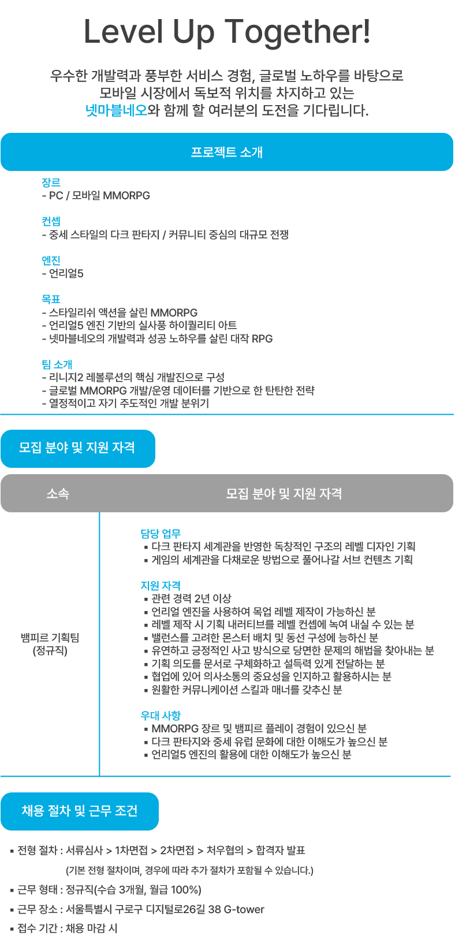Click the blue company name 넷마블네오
click(116, 110)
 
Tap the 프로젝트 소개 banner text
click(227, 152)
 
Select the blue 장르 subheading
click(51, 183)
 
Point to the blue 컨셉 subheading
click(51, 221)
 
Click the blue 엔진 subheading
click(51, 260)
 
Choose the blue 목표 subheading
click(51, 299)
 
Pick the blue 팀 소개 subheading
click(57, 364)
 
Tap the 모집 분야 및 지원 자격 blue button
click(77, 448)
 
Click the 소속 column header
click(58, 494)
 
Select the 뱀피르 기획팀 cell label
click(50, 638)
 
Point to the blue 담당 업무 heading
click(161, 534)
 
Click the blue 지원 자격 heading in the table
click(161, 586)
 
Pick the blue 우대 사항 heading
click(161, 716)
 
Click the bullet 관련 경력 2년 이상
click(191, 599)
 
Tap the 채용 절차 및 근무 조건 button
click(79, 811)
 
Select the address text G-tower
click(244, 910)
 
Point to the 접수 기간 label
click(37, 929)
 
